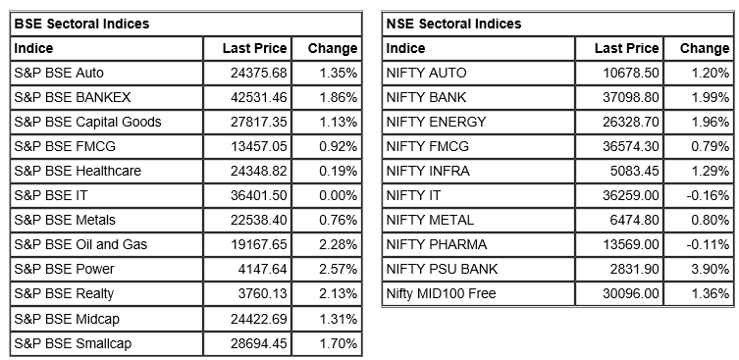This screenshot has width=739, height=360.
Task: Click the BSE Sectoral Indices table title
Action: tap(81, 24)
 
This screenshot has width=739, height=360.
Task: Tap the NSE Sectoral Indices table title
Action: tap(453, 24)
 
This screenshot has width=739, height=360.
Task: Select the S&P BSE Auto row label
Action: tap(59, 73)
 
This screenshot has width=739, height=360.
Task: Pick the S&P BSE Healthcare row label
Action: tap(78, 171)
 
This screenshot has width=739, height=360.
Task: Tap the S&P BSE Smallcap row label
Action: tap(73, 343)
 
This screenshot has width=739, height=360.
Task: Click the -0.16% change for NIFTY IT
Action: tap(708, 195)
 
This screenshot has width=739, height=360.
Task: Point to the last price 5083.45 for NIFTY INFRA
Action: tap(633, 171)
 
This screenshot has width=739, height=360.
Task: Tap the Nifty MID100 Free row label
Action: tap(441, 294)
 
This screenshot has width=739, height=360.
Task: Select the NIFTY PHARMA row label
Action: tap(431, 244)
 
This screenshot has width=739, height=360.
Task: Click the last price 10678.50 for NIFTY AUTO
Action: tap(628, 73)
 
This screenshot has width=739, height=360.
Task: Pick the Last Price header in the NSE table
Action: tap(626, 48)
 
